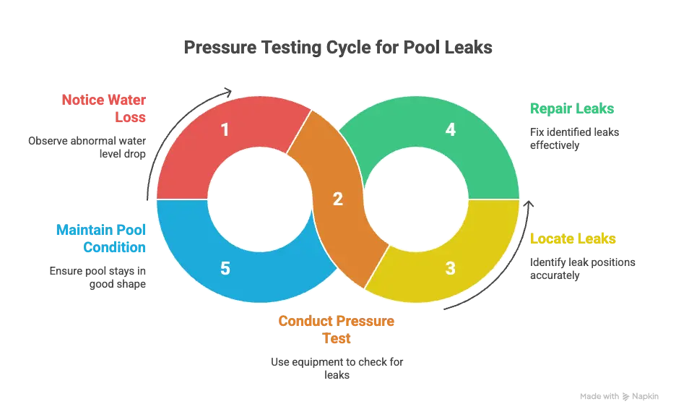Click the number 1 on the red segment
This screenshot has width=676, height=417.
click(x=225, y=131)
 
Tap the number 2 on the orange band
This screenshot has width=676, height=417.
click(x=337, y=199)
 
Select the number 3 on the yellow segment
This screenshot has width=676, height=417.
click(x=451, y=269)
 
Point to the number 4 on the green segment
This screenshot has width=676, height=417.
click(x=451, y=131)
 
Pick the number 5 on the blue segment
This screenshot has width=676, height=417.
click(x=225, y=269)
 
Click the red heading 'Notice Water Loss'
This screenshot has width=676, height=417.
click(x=105, y=107)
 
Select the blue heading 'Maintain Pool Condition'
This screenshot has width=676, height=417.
click(x=102, y=238)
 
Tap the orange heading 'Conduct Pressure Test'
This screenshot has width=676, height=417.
click(x=337, y=330)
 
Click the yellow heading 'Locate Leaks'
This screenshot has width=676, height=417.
click(x=574, y=239)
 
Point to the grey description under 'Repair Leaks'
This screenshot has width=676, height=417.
click(x=573, y=139)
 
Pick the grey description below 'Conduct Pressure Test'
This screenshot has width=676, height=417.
click(x=337, y=367)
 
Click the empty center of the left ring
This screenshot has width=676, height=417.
click(x=245, y=199)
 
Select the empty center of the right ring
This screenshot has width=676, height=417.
click(x=430, y=199)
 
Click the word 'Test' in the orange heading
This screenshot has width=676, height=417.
click(x=337, y=338)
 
